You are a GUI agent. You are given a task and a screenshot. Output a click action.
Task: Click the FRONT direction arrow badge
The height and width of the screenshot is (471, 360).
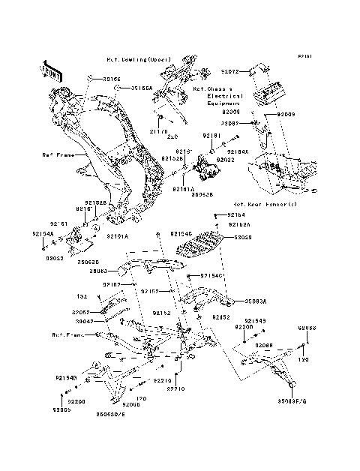pyautogui.click(x=51, y=68)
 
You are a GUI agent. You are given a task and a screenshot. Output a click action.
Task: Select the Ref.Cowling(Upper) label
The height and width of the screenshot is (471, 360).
pyautogui.click(x=138, y=58)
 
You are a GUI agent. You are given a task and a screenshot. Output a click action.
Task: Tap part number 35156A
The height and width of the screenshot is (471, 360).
pyautogui.click(x=141, y=88)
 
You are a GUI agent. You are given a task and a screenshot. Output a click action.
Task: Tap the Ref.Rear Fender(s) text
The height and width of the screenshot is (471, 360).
pyautogui.click(x=265, y=204)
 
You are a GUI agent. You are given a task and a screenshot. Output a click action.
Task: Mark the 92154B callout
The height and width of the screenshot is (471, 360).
pyautogui.click(x=65, y=379)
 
